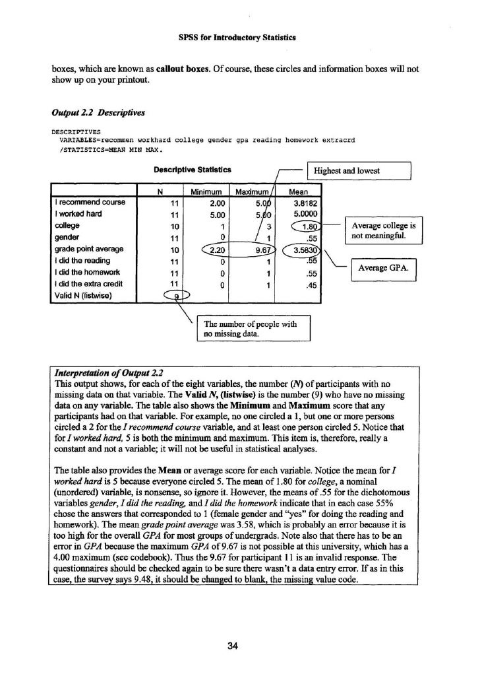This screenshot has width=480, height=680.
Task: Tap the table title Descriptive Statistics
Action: click(192, 170)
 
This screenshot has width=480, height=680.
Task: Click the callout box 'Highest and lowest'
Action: click(359, 172)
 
